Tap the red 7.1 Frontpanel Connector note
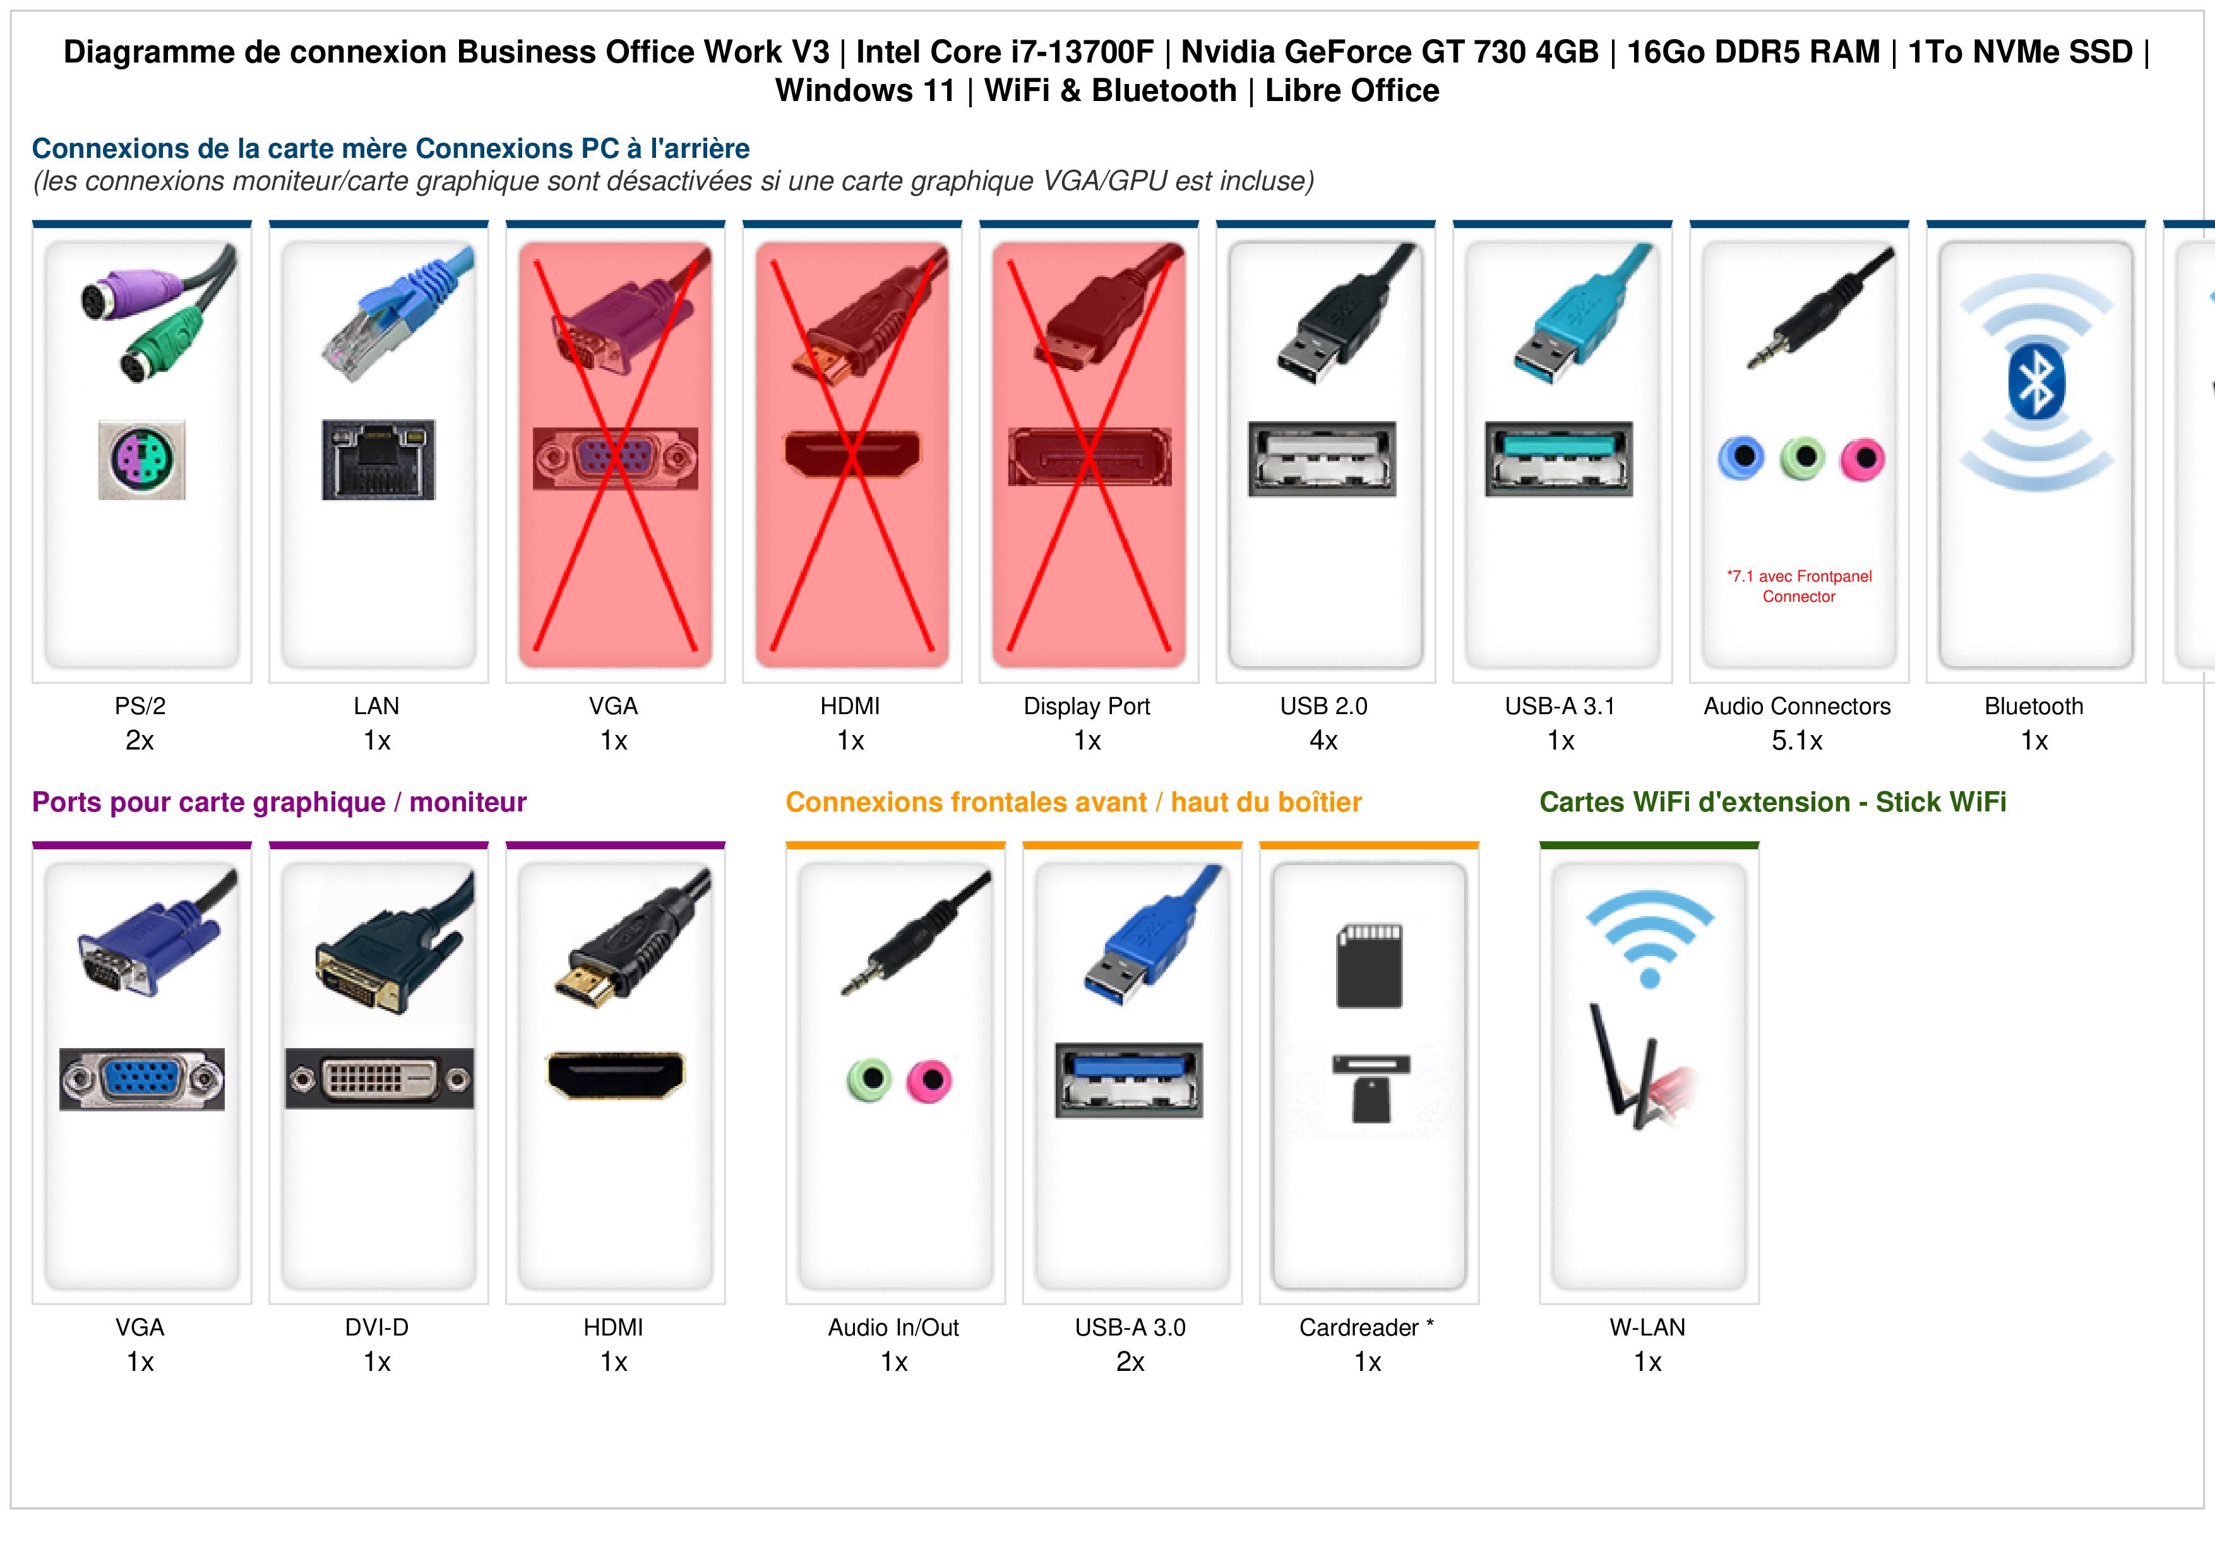click(x=1799, y=587)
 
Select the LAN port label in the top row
click(x=376, y=707)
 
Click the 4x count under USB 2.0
click(x=1323, y=741)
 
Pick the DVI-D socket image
click(x=379, y=1079)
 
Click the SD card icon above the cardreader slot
click(x=1369, y=966)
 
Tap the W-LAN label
click(x=1648, y=1328)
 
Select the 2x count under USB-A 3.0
click(x=1131, y=1363)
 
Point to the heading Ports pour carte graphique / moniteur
click(x=279, y=803)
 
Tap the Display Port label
click(x=1087, y=707)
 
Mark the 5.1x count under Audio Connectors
click(x=1797, y=741)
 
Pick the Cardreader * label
click(x=1367, y=1328)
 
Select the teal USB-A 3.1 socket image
click(x=1559, y=459)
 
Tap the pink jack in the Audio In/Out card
click(x=929, y=1080)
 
